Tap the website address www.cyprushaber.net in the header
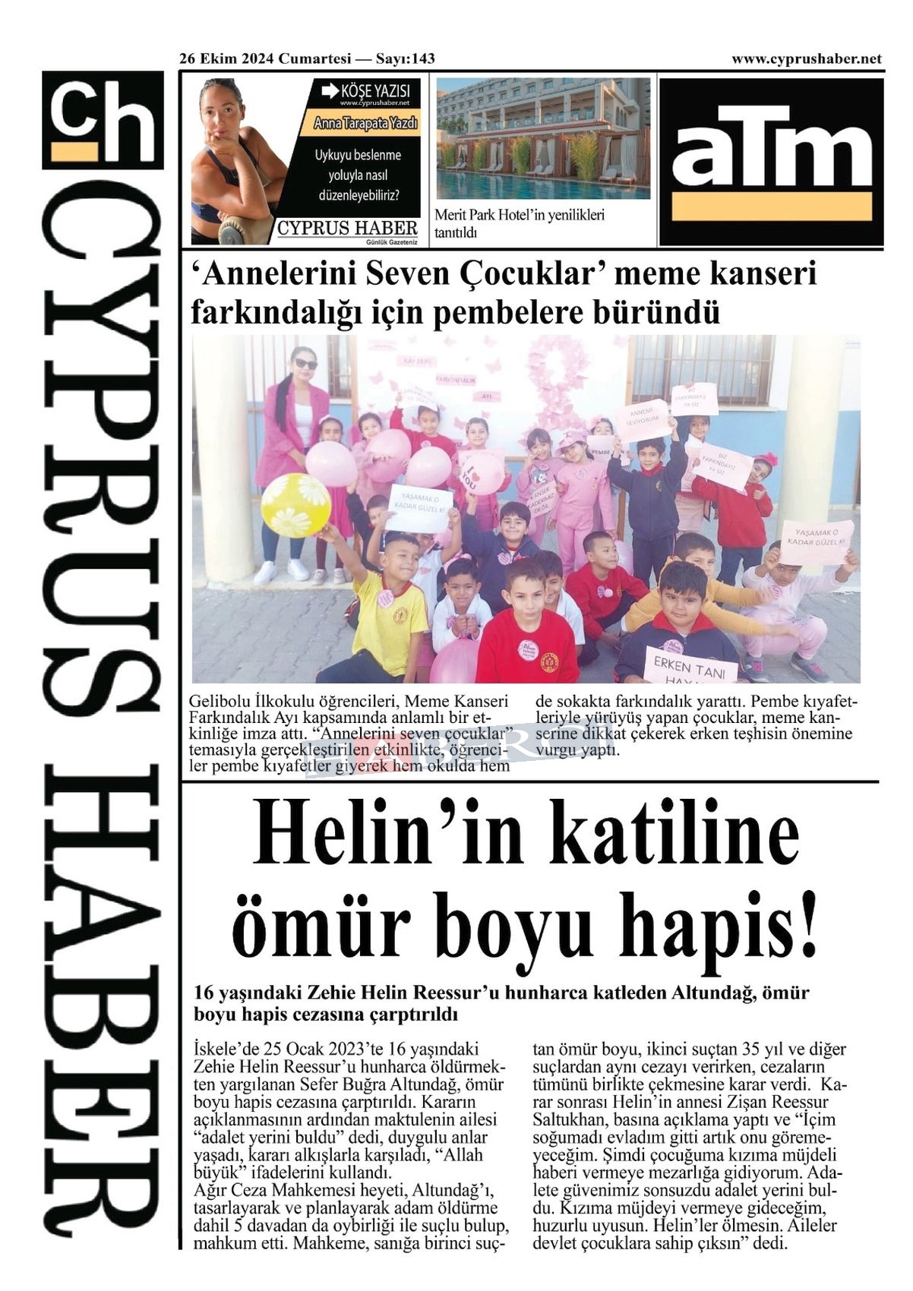[x=806, y=58]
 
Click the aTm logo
[x=771, y=161]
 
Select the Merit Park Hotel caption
[x=520, y=223]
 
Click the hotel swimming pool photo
[x=543, y=137]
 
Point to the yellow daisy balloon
[x=295, y=504]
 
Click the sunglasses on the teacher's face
[x=305, y=364]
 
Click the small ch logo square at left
[x=103, y=119]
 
